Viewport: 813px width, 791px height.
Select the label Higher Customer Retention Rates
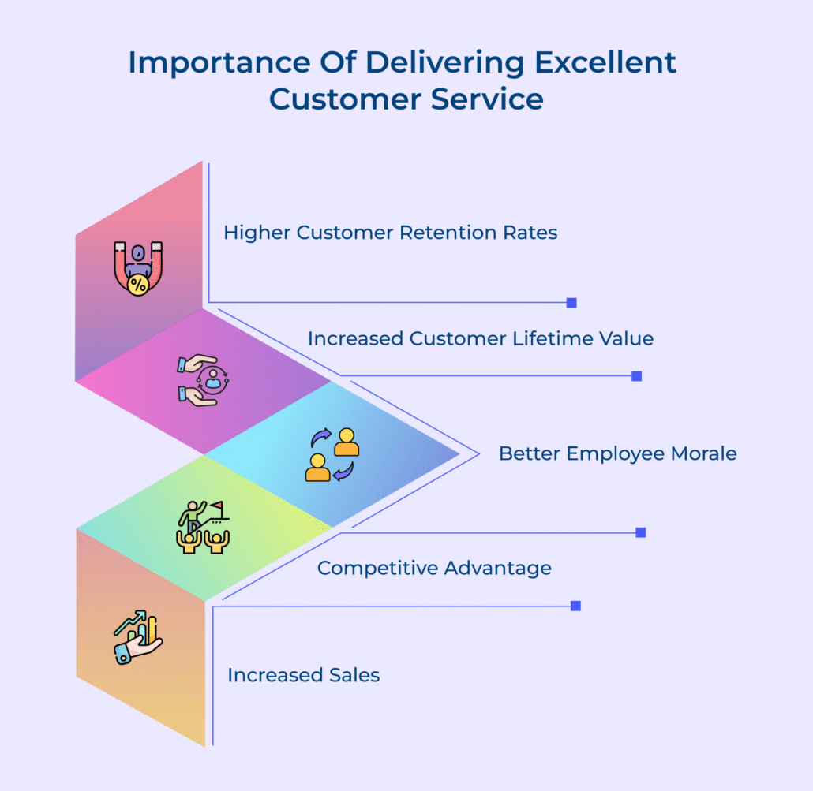click(390, 233)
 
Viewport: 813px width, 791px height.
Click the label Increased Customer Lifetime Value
click(481, 339)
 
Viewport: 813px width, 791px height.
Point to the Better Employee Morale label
click(617, 453)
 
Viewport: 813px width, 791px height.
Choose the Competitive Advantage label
click(434, 568)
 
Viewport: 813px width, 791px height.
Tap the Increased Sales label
click(304, 676)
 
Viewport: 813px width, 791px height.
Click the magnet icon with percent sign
click(137, 268)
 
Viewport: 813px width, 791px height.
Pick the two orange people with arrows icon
click(332, 455)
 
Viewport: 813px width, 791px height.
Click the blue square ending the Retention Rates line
click(571, 303)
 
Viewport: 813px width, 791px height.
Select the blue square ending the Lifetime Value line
click(637, 376)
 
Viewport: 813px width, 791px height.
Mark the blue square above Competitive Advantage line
click(641, 532)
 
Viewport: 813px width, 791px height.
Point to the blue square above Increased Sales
click(575, 606)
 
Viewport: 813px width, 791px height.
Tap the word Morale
click(699, 453)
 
